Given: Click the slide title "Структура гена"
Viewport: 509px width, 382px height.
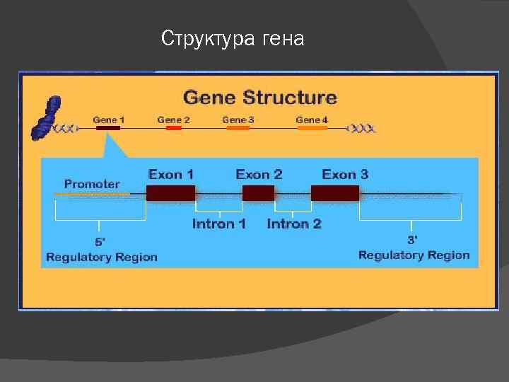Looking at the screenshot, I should (233, 38).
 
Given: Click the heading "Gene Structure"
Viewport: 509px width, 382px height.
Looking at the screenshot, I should (260, 97).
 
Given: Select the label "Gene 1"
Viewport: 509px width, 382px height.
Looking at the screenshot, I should (109, 120).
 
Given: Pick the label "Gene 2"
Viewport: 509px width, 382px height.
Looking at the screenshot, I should (173, 120).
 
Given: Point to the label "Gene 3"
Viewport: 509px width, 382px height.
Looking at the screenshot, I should (238, 120).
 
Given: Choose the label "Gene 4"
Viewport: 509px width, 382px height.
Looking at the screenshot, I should (312, 120).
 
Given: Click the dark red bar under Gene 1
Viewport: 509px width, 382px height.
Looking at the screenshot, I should (108, 129).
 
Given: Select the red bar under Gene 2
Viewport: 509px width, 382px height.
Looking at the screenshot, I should (173, 129).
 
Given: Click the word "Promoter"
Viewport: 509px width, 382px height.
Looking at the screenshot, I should (92, 184).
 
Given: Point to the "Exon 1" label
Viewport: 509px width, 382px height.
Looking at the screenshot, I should (171, 174).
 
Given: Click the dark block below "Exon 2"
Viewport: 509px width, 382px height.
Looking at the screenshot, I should (258, 193).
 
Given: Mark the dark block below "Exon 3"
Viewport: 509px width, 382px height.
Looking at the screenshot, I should (335, 193).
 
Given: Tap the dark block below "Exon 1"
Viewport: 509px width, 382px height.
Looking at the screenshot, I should (170, 193).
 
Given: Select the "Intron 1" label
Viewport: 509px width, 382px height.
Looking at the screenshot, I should (219, 224).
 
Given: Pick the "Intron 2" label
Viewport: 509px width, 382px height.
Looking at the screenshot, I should (294, 224).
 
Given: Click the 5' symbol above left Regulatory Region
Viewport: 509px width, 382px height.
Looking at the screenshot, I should (100, 241).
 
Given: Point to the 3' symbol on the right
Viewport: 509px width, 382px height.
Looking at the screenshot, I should (413, 240).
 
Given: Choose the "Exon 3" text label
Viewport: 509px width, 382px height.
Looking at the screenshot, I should (345, 174).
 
